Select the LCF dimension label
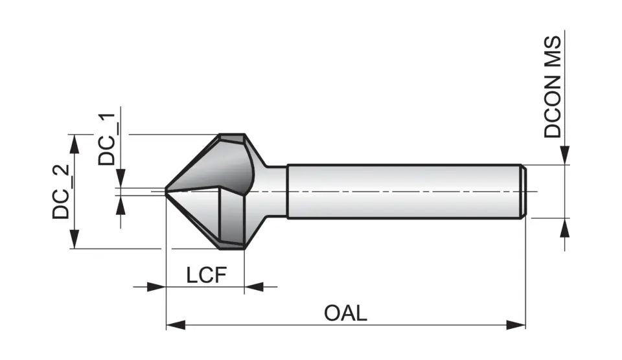point(206,275)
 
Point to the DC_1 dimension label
point(107,139)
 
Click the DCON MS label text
point(553,87)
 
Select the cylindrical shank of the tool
point(402,192)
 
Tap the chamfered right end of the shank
point(523,192)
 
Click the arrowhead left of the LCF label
point(156,286)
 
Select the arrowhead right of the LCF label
point(254,286)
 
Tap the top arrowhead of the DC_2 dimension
point(76,144)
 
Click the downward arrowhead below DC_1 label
point(121,179)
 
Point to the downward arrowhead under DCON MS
point(566,155)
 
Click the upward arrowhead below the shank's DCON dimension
point(566,228)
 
